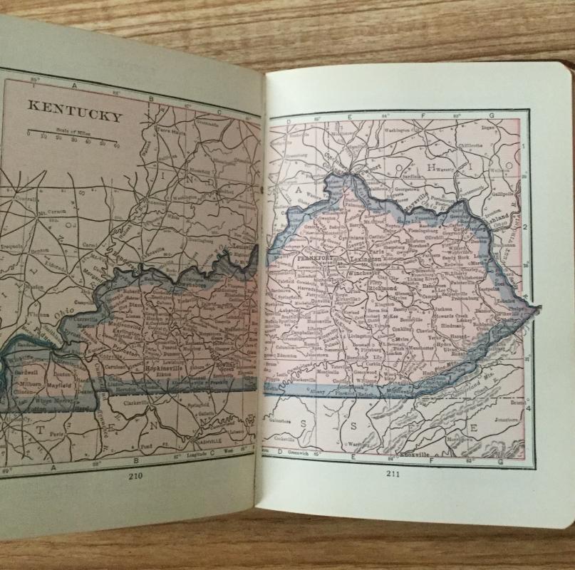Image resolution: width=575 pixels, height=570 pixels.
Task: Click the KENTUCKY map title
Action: (75, 111)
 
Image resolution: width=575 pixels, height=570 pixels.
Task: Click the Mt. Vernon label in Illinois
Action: (51, 212)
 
